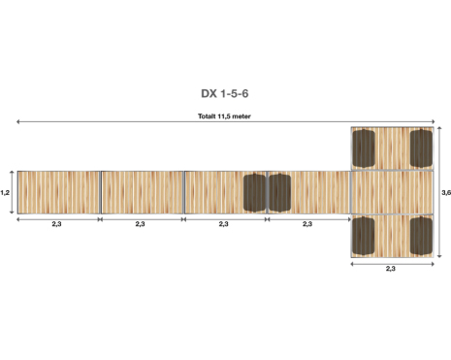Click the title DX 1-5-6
click(225, 93)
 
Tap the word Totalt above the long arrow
click(207, 116)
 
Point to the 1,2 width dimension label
click(5, 193)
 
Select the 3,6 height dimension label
click(446, 193)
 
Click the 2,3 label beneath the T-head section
click(391, 269)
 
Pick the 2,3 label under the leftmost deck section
click(56, 224)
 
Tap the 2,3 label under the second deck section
click(140, 224)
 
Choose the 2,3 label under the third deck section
click(223, 224)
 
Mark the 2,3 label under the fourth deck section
click(307, 224)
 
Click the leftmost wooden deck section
click(58, 192)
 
